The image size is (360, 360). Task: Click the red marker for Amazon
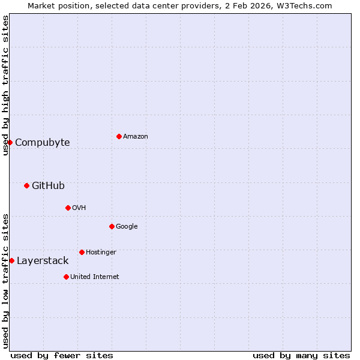(119, 136)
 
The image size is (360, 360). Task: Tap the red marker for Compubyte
(10, 142)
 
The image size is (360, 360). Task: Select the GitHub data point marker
(26, 185)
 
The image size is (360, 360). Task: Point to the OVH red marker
(68, 208)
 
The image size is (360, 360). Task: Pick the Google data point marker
(112, 226)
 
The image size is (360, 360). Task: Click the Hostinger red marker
(82, 252)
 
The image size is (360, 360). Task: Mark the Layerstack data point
(11, 260)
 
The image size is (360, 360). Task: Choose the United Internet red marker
(66, 277)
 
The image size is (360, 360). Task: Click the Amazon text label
(136, 137)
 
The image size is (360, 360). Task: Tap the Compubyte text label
(43, 143)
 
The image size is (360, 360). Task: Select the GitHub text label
(48, 186)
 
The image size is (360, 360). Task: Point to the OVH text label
(79, 208)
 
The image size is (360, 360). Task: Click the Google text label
(127, 227)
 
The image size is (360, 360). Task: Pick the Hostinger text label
(101, 253)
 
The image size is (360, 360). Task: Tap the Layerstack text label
(43, 261)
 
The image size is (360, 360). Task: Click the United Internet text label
(95, 277)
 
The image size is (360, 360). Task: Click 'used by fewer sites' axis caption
(62, 356)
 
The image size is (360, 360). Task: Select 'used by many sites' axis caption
(301, 356)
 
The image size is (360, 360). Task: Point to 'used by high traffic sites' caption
(5, 85)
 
